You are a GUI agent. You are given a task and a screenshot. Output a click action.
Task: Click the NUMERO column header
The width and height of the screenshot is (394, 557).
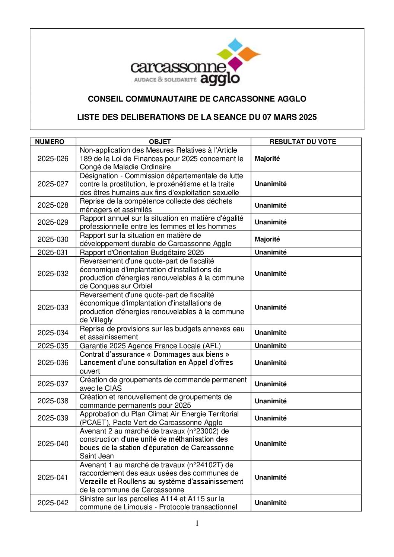coord(50,142)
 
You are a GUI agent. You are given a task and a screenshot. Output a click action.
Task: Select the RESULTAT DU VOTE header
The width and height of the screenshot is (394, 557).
coord(302,142)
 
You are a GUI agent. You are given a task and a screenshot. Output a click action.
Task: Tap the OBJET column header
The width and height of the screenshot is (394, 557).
coord(160,142)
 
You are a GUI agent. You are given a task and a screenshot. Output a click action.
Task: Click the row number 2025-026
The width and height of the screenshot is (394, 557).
coord(53,159)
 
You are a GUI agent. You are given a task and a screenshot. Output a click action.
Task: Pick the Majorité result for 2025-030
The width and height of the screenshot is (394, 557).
coord(267,239)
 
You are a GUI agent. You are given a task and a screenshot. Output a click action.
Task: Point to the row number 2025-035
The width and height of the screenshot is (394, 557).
coord(53,346)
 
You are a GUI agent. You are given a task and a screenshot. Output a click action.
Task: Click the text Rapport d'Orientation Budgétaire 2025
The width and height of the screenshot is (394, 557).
coord(142,252)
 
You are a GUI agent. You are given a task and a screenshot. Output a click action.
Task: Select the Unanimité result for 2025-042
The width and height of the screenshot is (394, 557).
coord(270,503)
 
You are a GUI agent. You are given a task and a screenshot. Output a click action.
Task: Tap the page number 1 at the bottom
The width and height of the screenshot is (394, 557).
coord(197,524)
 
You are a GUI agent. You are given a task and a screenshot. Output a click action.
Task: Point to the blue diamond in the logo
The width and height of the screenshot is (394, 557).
coord(235,44)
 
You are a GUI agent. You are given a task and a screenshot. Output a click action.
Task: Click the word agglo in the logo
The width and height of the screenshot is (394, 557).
coord(220,79)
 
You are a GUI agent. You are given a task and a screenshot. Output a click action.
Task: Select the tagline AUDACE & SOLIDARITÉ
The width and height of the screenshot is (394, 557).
coord(165,80)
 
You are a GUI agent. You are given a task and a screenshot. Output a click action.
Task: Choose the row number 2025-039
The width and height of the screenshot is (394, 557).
coord(53,418)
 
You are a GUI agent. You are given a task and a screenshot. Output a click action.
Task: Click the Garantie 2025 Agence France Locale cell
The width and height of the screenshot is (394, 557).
coord(150,346)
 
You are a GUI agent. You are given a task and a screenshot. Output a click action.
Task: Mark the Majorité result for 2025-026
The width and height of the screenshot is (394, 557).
coord(267,159)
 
